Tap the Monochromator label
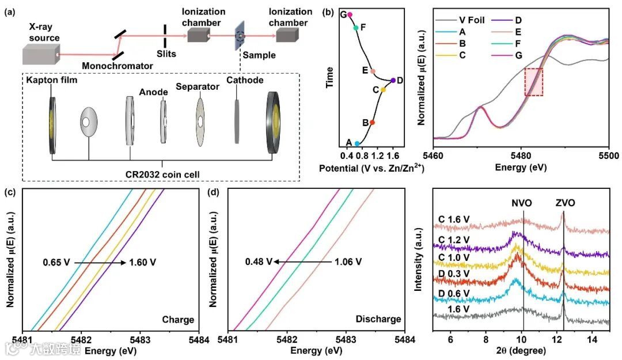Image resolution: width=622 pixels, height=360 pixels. [x=117, y=66]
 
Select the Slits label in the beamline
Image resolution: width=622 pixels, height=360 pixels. [x=166, y=54]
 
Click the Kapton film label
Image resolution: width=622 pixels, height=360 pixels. [x=52, y=81]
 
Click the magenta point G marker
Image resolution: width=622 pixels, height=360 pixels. [x=350, y=15]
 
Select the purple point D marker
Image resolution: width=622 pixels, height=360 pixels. [x=393, y=81]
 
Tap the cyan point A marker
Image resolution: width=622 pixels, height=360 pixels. [x=357, y=143]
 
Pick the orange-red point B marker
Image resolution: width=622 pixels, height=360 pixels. [x=372, y=122]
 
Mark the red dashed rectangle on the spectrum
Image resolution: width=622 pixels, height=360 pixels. [x=533, y=82]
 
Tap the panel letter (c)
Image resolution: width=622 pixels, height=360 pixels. [x=10, y=194]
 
